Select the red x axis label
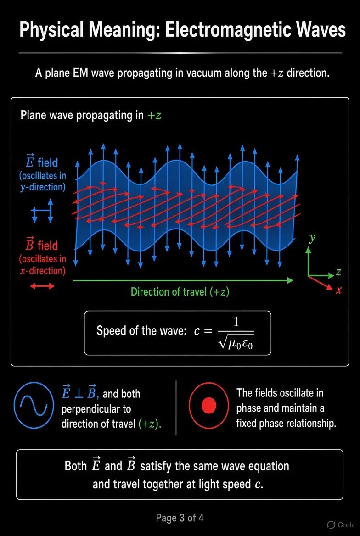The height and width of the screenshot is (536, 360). tap(339, 290)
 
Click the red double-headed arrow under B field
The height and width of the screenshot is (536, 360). tap(42, 286)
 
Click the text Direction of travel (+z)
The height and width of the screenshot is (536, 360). tap(180, 292)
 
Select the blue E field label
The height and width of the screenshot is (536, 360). tap(43, 162)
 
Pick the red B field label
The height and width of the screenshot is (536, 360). tap(43, 245)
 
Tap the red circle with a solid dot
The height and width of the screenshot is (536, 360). tap(209, 406)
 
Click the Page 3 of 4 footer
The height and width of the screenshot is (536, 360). tap(180, 518)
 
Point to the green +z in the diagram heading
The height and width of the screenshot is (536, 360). tap(154, 115)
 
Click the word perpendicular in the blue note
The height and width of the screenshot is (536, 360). tap(96, 409)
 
